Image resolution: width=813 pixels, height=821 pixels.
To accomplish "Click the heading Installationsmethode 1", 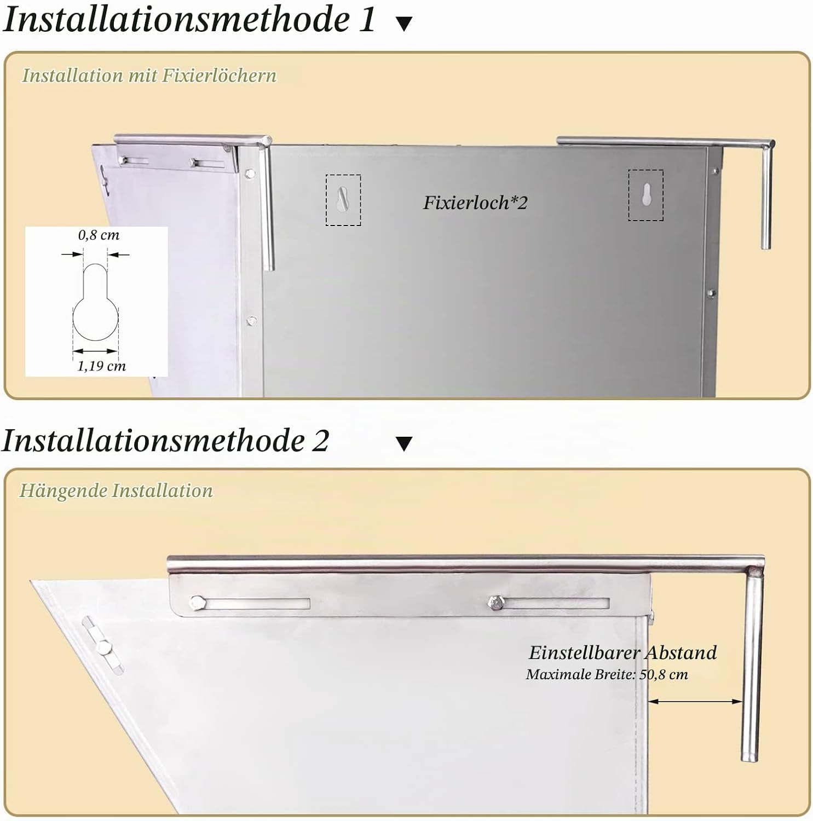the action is pyautogui.click(x=189, y=20).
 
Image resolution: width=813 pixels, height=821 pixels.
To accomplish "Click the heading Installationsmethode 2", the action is pyautogui.click(x=165, y=441).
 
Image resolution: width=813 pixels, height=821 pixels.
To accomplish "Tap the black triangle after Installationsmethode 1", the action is pyautogui.click(x=404, y=24).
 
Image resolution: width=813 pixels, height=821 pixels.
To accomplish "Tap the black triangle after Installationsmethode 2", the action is pyautogui.click(x=404, y=443).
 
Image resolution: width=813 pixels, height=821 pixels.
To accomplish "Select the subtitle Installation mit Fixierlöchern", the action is pyautogui.click(x=149, y=75).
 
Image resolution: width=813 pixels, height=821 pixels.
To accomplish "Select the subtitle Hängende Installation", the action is pyautogui.click(x=116, y=490).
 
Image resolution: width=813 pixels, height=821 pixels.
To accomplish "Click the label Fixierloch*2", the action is pyautogui.click(x=475, y=203).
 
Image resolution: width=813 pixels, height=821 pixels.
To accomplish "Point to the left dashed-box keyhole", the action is pyautogui.click(x=343, y=200).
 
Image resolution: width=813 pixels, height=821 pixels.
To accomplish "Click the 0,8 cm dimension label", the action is pyautogui.click(x=99, y=235).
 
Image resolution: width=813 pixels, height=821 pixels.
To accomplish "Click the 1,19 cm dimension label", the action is pyautogui.click(x=101, y=366).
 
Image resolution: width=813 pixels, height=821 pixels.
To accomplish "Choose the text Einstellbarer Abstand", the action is pyautogui.click(x=622, y=652).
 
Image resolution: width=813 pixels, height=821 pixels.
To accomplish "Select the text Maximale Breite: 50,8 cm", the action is pyautogui.click(x=607, y=674).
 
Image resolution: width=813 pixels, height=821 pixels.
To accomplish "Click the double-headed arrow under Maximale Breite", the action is pyautogui.click(x=695, y=701).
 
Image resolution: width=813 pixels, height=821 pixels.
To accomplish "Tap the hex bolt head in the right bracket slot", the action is pyautogui.click(x=495, y=603).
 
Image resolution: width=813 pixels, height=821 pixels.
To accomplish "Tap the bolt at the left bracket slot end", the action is pyautogui.click(x=197, y=603).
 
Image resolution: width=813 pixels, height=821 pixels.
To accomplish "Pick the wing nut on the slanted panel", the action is pyautogui.click(x=102, y=646).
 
